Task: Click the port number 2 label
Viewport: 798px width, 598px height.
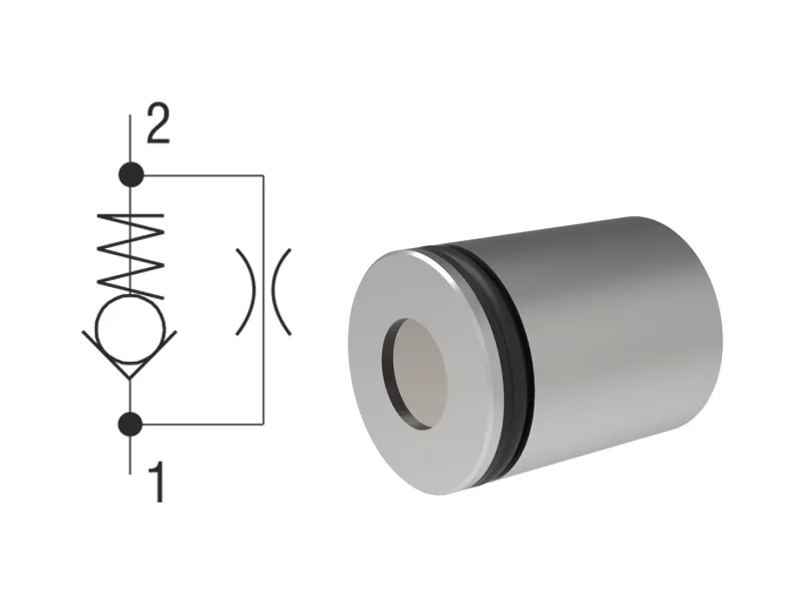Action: pyautogui.click(x=158, y=128)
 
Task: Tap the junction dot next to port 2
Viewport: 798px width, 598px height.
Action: pyautogui.click(x=131, y=175)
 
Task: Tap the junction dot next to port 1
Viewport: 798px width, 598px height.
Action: pyautogui.click(x=131, y=424)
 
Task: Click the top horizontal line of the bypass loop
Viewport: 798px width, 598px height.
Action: pyautogui.click(x=199, y=175)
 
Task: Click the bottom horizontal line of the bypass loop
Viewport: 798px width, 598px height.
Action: pyautogui.click(x=199, y=424)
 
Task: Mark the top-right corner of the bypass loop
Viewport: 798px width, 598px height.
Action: pyautogui.click(x=262, y=175)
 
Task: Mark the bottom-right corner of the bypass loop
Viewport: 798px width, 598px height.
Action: pyautogui.click(x=262, y=424)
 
